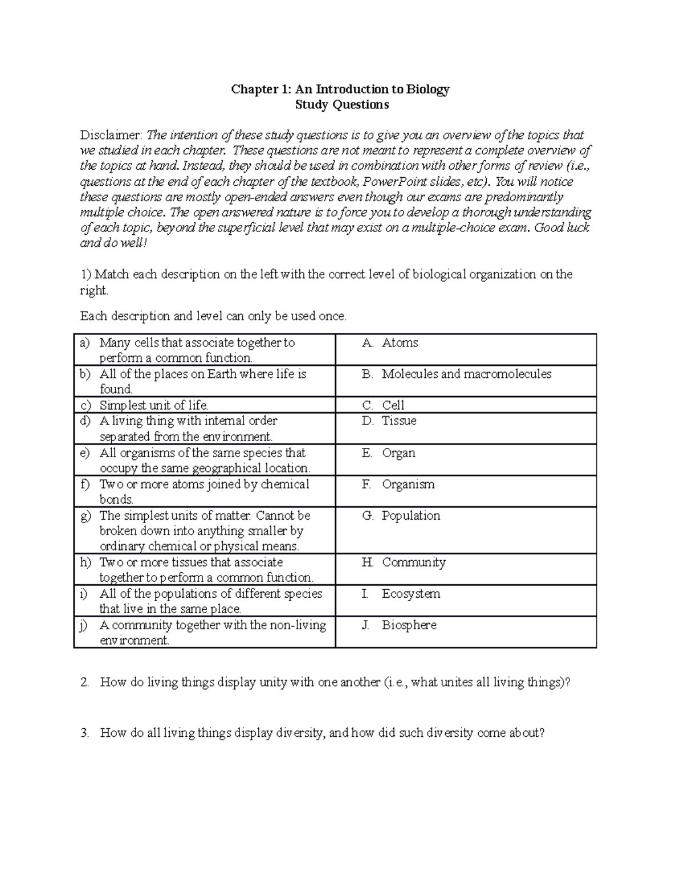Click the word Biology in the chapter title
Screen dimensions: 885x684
coord(427,89)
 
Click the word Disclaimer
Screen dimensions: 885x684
coord(111,136)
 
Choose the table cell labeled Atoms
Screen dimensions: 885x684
coord(400,343)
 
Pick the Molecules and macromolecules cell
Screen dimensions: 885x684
coord(466,374)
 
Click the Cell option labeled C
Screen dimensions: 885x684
coord(393,405)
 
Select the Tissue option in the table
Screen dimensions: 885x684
coord(399,421)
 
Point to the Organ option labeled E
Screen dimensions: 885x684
coord(398,453)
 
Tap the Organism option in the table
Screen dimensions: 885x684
coord(408,484)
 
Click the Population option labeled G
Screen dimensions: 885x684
coord(411,516)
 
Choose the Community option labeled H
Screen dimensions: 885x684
coord(414,562)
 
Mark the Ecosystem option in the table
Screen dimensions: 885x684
coord(411,594)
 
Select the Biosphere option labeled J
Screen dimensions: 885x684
coord(409,625)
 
